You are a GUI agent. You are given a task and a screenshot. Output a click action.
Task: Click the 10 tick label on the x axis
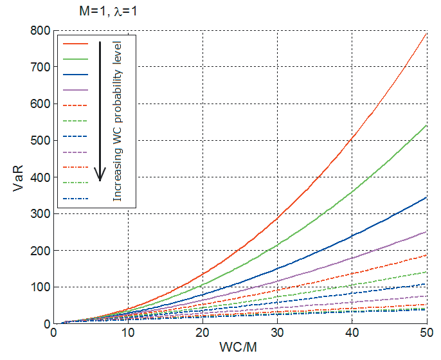(128, 334)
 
